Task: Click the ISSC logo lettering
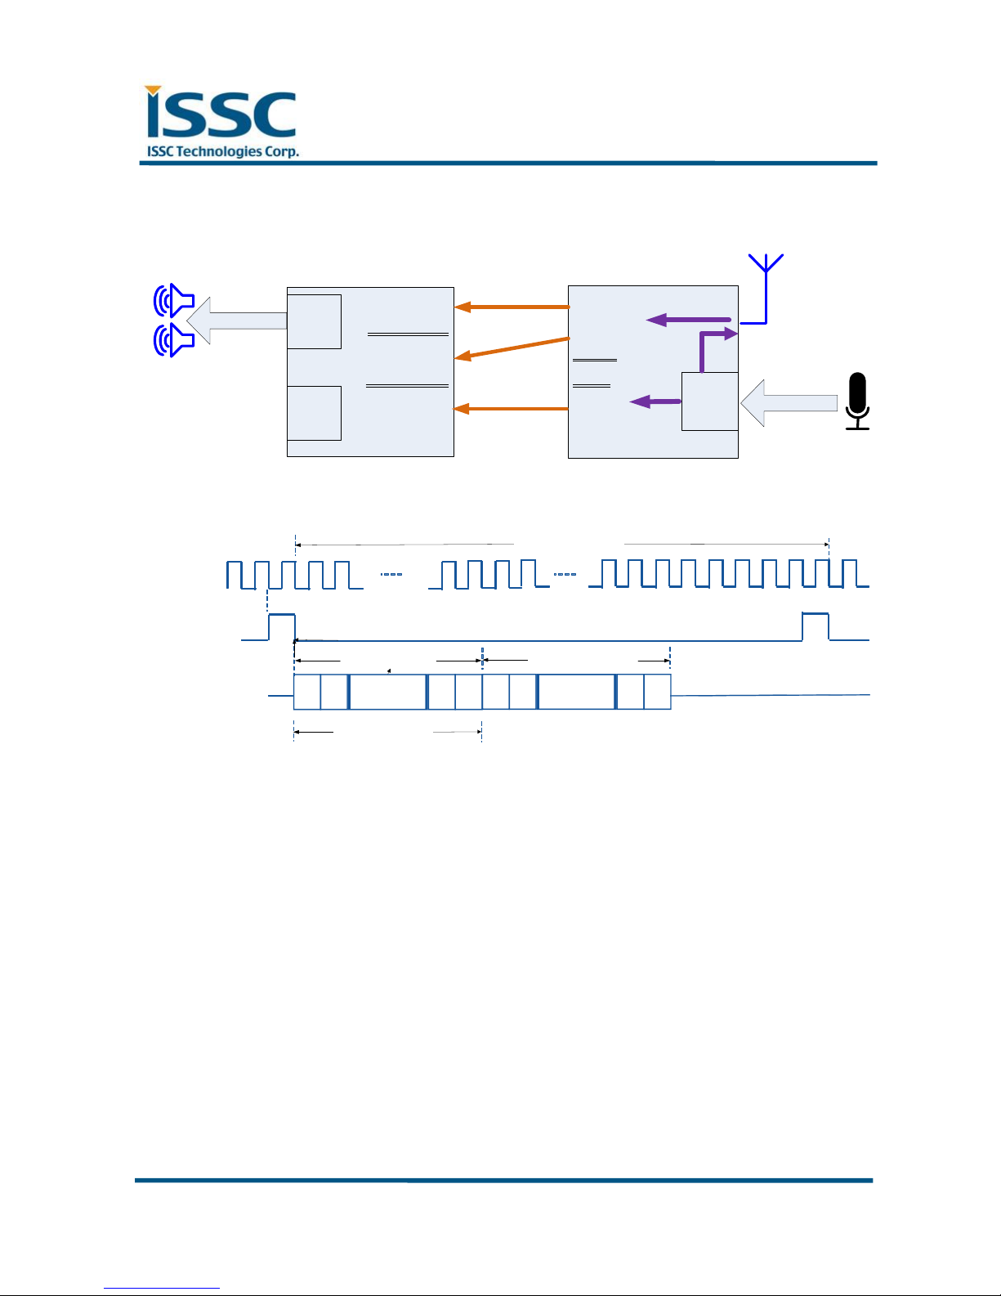pyautogui.click(x=221, y=114)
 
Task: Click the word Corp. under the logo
pyautogui.click(x=281, y=151)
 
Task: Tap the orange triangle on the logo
pyautogui.click(x=153, y=91)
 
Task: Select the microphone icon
pyautogui.click(x=856, y=401)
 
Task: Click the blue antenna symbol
pyautogui.click(x=766, y=286)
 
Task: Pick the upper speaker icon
pyautogui.click(x=174, y=301)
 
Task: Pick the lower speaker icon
pyautogui.click(x=174, y=340)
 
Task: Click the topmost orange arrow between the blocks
pyautogui.click(x=512, y=307)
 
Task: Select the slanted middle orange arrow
pyautogui.click(x=512, y=347)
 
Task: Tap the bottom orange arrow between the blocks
pyautogui.click(x=512, y=408)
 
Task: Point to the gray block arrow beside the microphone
pyautogui.click(x=789, y=402)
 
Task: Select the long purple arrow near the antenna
pyautogui.click(x=689, y=320)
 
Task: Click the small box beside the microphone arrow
pyautogui.click(x=709, y=401)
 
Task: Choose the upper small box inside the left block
pyautogui.click(x=314, y=321)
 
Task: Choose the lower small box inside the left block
pyautogui.click(x=314, y=413)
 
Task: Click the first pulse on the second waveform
pyautogui.click(x=281, y=626)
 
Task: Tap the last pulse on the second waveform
pyautogui.click(x=815, y=626)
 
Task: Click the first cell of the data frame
pyautogui.click(x=306, y=692)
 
